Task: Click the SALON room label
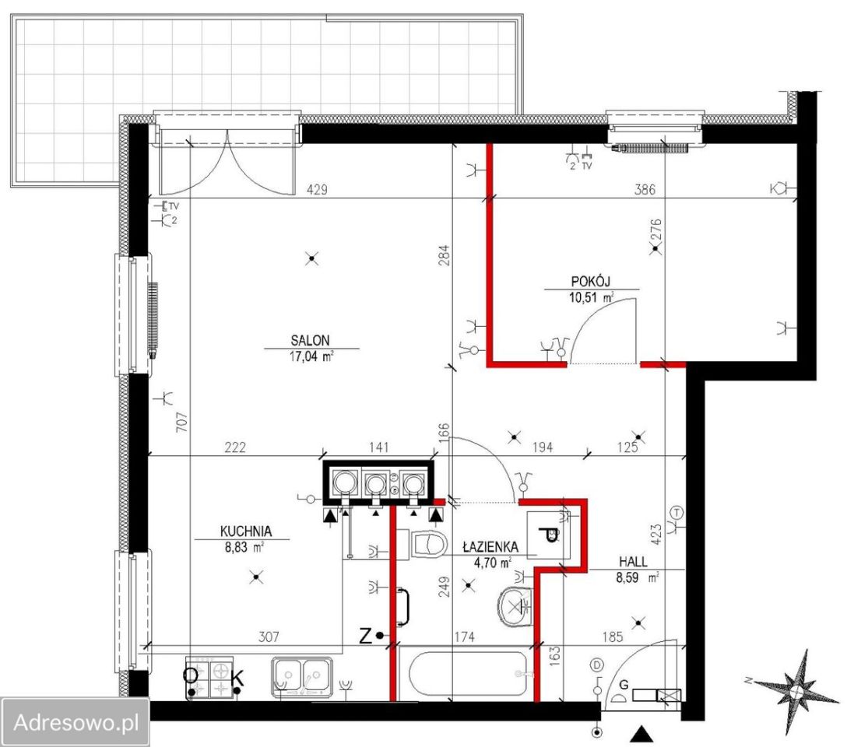310,340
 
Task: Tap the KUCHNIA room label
246,531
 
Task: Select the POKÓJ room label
590,281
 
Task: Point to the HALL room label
633,562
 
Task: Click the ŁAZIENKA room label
490,547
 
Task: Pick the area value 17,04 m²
311,356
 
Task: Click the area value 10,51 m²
592,297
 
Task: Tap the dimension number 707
181,422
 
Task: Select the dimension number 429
317,190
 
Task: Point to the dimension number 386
645,189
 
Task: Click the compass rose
796,692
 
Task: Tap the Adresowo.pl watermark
76,722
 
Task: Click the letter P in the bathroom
548,535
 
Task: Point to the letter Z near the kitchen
365,637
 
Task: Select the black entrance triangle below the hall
641,734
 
